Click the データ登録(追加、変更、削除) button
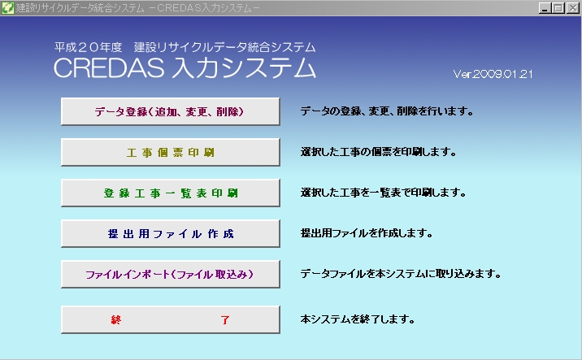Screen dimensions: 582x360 point(171,111)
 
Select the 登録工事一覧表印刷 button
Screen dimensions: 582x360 point(171,193)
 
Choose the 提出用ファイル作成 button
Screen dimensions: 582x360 point(171,233)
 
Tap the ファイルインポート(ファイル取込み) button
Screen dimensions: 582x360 point(171,275)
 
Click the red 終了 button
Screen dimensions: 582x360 point(171,319)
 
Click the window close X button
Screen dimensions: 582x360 point(572,8)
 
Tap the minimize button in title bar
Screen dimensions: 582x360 point(545,8)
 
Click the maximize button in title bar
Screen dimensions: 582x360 point(558,8)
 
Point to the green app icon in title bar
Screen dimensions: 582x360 point(7,8)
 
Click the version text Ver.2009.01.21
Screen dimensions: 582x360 point(493,74)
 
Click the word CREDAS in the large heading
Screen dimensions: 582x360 point(109,68)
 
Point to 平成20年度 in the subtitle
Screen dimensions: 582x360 point(89,47)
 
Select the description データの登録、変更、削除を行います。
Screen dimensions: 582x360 point(387,111)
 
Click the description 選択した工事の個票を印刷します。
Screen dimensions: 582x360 point(379,152)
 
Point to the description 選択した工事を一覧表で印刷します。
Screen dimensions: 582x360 point(384,193)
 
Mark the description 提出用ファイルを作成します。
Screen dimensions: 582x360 point(367,233)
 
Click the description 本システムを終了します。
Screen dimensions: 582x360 point(358,319)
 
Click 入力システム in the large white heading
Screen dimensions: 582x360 point(244,68)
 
